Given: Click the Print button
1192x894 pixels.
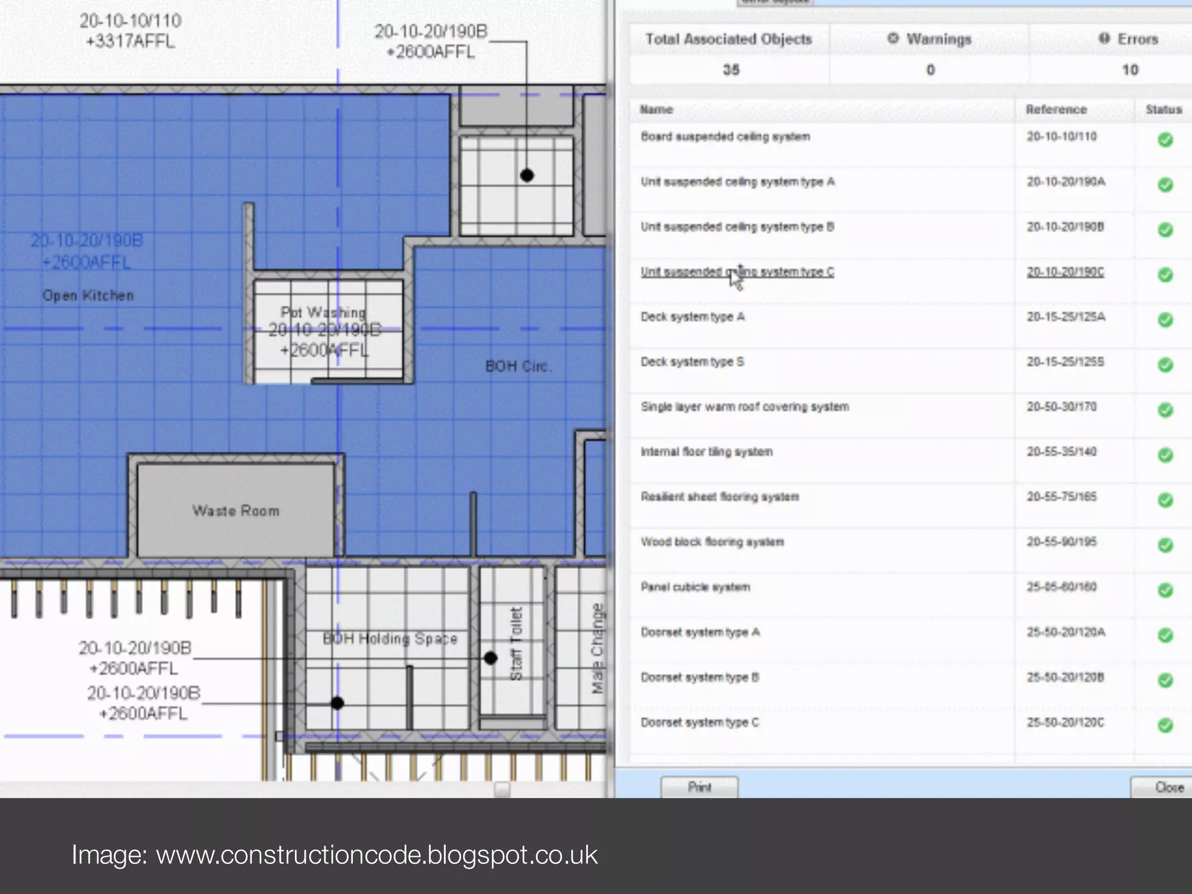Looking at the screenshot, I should (699, 787).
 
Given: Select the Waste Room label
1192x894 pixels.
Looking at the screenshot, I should (236, 510).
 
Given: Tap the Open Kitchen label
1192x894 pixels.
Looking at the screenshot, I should (88, 296).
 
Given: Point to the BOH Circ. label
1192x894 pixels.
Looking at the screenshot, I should (518, 366).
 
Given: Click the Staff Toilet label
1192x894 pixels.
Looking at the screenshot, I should (516, 644).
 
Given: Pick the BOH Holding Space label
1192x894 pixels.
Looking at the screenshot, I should (390, 638).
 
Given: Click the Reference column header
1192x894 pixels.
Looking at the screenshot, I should (1056, 109).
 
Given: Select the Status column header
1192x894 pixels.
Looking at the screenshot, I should (1163, 109).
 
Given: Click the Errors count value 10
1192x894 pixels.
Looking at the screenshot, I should (1130, 70).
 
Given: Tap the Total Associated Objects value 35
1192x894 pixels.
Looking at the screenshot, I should (731, 70).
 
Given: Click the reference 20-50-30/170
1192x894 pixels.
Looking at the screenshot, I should (1062, 406).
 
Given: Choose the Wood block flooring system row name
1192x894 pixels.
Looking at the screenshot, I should (712, 542).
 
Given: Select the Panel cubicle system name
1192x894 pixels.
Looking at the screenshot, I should (696, 587).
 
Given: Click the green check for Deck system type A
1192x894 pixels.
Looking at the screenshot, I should (1165, 320).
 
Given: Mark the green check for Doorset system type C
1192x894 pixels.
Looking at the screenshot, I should (1165, 725).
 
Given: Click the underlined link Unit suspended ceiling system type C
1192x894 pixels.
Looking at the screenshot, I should (737, 272).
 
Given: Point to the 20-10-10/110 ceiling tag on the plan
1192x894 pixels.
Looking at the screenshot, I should (130, 31).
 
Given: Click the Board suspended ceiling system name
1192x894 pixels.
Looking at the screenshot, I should (725, 137).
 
